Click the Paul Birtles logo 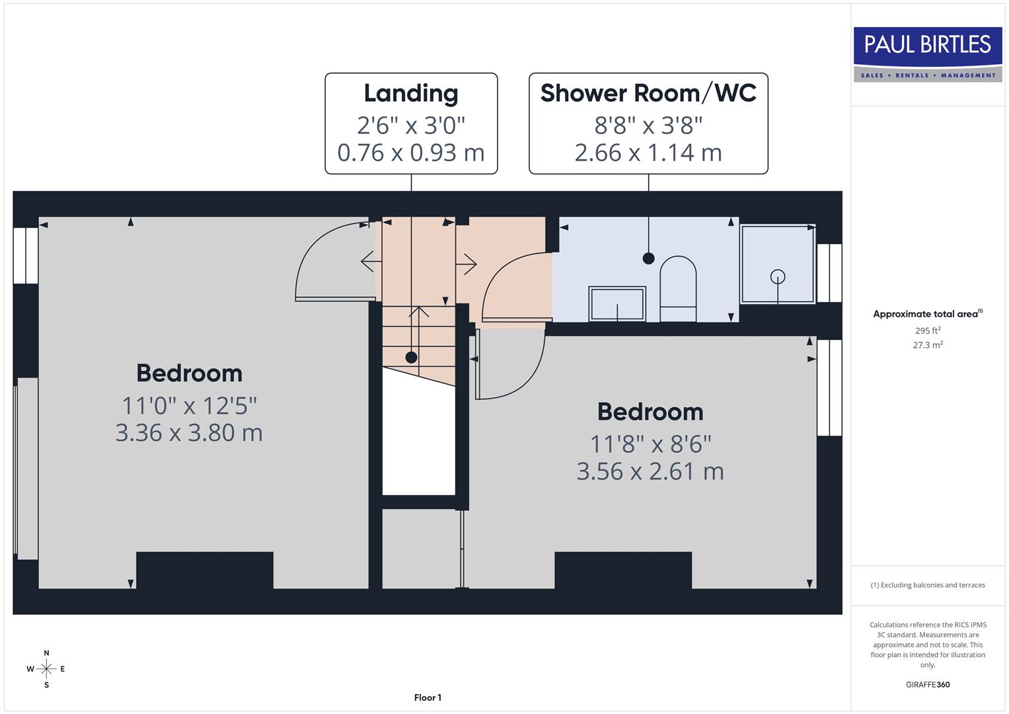928,54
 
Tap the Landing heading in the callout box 411,93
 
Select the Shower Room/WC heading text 648,93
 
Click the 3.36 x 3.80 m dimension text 189,432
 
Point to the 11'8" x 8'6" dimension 650,444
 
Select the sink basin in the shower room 617,303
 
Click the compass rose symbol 46,669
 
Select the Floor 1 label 428,697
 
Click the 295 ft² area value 928,331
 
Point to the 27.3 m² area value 928,345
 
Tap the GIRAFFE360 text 928,684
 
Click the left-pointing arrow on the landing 370,262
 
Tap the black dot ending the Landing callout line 411,358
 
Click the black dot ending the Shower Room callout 648,258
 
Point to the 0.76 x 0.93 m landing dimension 411,153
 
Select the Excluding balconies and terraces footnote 928,585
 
